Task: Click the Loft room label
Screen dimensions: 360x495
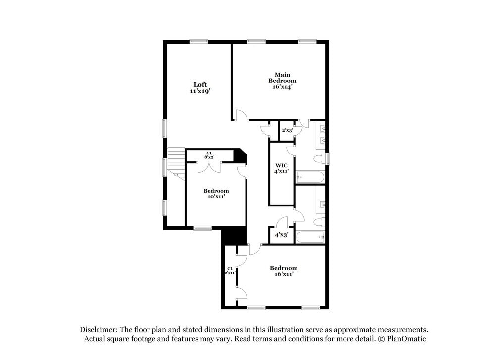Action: click(x=200, y=88)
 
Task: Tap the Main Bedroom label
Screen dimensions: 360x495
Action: click(x=282, y=81)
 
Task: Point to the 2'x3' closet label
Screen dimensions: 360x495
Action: click(x=287, y=130)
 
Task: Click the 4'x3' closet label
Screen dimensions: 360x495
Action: click(x=282, y=235)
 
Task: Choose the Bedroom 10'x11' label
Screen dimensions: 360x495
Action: click(x=216, y=193)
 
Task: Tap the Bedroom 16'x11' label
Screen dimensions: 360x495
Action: click(x=284, y=271)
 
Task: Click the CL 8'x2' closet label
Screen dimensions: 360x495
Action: click(x=209, y=155)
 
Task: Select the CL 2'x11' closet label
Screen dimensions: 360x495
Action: click(x=229, y=271)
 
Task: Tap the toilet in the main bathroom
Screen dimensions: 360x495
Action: click(x=320, y=159)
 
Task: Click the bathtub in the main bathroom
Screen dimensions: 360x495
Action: click(x=310, y=177)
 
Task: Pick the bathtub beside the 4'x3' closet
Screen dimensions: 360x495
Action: click(x=310, y=237)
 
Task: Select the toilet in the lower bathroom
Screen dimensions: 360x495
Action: click(x=320, y=221)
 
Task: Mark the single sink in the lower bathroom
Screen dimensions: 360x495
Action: click(x=322, y=204)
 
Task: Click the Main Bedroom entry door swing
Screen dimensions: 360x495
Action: click(x=241, y=116)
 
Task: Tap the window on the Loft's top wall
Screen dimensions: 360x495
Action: click(x=198, y=42)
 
